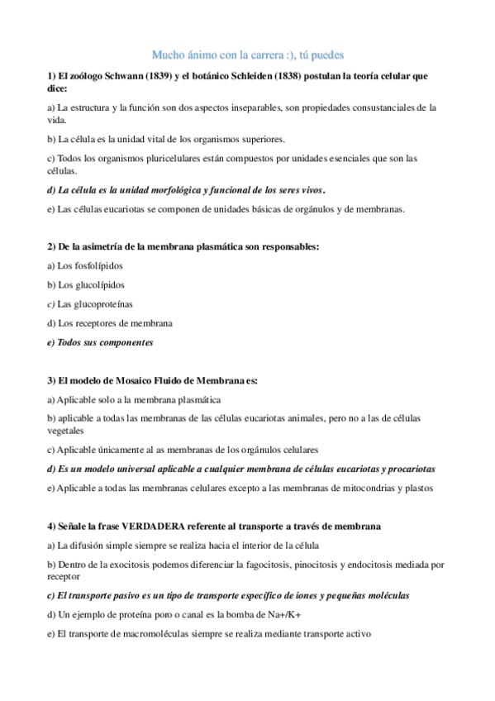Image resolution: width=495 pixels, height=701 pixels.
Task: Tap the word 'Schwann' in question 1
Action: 107,76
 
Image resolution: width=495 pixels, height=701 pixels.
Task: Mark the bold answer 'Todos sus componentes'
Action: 105,341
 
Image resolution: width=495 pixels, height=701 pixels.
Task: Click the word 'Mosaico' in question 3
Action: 129,380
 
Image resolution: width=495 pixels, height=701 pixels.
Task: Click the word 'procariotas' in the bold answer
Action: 406,469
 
